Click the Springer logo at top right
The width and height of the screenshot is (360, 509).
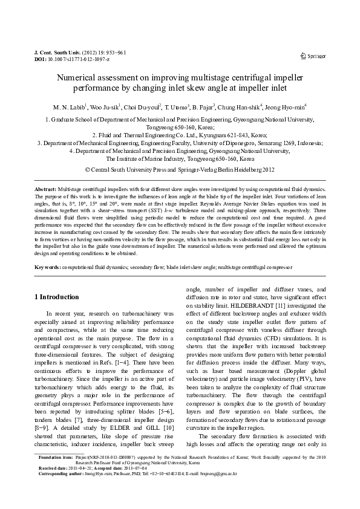(x=313, y=56)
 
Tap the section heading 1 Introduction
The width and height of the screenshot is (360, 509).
(x=56, y=297)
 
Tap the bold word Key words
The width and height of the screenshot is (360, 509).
(x=47, y=267)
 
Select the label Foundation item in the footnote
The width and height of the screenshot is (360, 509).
(x=54, y=475)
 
